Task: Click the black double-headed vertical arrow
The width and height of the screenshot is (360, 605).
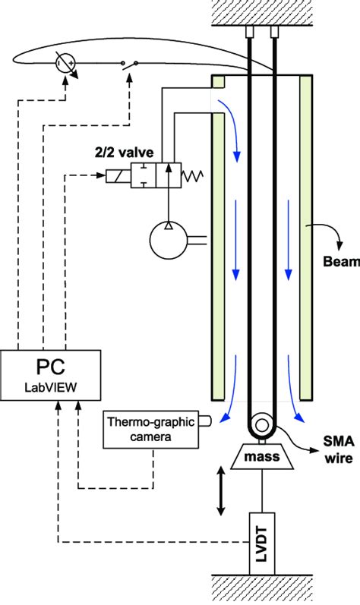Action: [221, 492]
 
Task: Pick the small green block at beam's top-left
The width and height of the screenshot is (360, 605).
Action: [217, 80]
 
